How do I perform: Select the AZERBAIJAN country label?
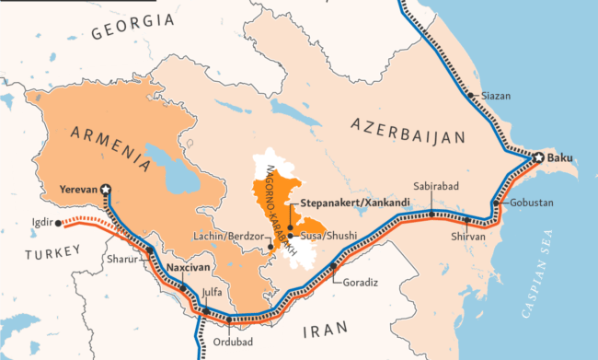point(405,129)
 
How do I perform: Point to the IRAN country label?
point(327,328)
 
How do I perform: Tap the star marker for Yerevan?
point(106,189)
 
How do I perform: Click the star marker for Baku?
point(536,158)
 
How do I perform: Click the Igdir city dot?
point(58,222)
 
